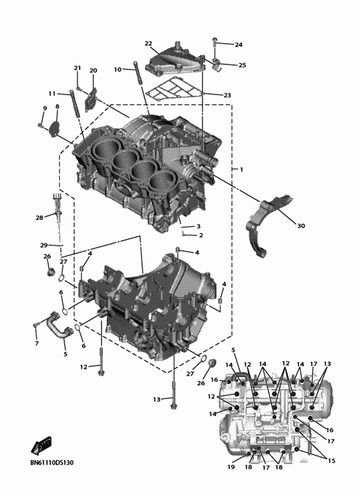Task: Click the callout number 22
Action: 148,44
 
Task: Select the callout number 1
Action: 241,169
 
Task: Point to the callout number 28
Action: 39,218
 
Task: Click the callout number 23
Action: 227,95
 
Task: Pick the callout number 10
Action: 118,69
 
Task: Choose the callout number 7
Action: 37,344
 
